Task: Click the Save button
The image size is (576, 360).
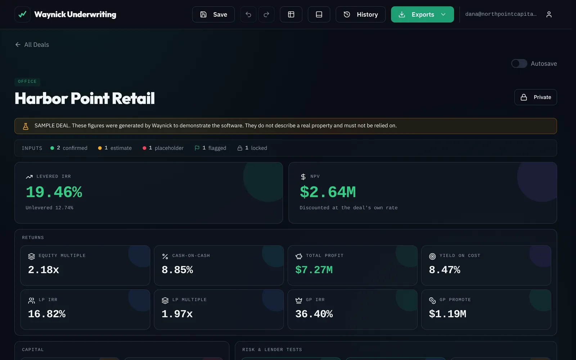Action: point(213,14)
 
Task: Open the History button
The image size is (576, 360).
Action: point(360,14)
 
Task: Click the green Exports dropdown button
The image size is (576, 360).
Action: point(422,14)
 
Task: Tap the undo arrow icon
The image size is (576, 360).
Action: point(248,14)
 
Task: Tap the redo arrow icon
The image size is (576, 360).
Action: point(266,14)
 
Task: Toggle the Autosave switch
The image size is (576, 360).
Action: point(519,63)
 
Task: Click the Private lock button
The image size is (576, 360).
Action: point(536,97)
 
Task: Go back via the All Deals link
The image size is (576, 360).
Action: point(32,45)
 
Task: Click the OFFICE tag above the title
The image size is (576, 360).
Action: point(27,81)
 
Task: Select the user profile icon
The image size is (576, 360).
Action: point(549,14)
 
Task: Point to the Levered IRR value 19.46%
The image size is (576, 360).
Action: point(54,192)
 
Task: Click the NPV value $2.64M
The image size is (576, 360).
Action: point(328,192)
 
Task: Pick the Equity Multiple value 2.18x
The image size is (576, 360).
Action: point(44,270)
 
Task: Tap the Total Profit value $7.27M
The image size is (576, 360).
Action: point(314,270)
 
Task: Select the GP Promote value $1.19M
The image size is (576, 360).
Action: point(447,314)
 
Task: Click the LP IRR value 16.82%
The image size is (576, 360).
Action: point(47,314)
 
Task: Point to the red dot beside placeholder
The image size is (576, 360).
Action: point(144,148)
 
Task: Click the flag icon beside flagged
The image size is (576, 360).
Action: point(197,148)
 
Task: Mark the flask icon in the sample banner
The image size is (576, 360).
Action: point(26,126)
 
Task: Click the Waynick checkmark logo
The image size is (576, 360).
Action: point(22,14)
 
